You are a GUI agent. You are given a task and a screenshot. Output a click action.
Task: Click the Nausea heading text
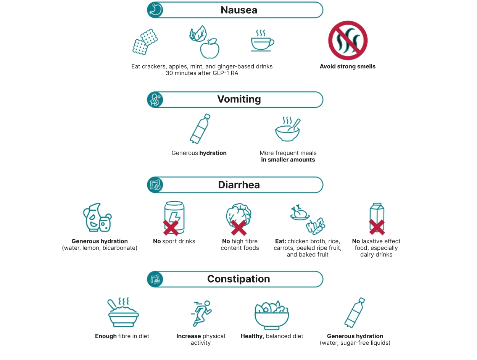238,10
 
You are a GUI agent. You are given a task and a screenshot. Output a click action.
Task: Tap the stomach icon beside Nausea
155,10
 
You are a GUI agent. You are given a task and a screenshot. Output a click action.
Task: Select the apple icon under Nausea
209,48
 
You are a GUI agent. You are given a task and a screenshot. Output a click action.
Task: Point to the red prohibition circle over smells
348,40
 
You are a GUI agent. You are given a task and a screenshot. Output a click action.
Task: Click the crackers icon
145,42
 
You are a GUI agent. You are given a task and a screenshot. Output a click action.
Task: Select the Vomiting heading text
239,99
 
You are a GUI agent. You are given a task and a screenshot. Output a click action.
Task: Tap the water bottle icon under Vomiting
200,129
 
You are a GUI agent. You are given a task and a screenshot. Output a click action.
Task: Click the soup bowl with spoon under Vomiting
288,129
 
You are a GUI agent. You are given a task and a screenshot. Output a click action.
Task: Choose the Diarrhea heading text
239,185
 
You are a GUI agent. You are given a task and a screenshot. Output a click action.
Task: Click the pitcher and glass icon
97,217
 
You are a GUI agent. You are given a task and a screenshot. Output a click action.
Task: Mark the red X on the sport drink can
171,228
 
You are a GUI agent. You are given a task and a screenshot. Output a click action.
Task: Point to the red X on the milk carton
377,227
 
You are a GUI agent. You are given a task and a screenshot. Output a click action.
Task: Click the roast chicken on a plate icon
300,213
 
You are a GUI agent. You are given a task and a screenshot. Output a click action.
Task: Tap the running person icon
201,313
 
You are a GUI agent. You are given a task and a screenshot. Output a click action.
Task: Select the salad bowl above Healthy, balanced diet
272,315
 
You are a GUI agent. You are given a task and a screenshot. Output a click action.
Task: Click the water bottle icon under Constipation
355,313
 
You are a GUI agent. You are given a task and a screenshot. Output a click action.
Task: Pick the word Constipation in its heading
238,279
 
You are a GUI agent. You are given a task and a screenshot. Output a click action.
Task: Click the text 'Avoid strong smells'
348,66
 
